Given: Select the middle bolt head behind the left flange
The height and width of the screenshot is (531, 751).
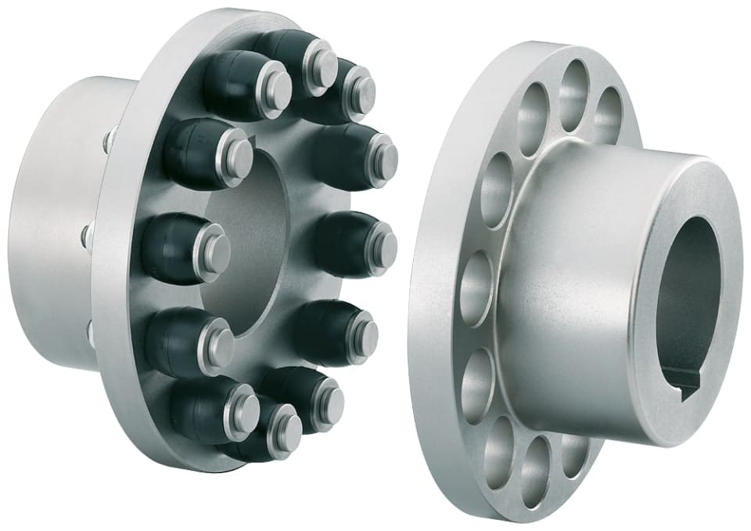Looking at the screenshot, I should click(x=88, y=233).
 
